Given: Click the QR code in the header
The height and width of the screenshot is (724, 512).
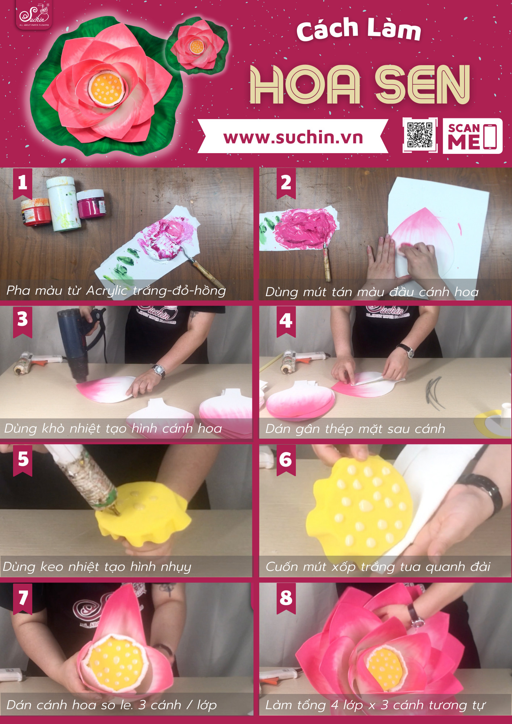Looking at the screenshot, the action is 420,135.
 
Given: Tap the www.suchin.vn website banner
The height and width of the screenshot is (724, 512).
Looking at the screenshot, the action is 293,136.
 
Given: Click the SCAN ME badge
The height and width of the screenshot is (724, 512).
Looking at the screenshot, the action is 473,136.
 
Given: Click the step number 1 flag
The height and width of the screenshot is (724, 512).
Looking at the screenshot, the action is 22,183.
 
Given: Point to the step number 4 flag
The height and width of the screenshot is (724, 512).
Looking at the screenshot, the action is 286,321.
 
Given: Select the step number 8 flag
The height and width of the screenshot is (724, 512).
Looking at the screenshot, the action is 286,598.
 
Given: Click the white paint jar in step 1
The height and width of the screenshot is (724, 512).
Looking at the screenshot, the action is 63,204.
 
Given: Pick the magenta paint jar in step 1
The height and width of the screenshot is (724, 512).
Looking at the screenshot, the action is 91,204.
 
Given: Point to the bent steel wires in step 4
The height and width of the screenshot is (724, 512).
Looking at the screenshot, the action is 435,393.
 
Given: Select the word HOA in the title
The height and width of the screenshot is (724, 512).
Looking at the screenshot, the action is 305,84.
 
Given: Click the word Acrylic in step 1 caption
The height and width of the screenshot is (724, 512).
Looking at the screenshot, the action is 107,291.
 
